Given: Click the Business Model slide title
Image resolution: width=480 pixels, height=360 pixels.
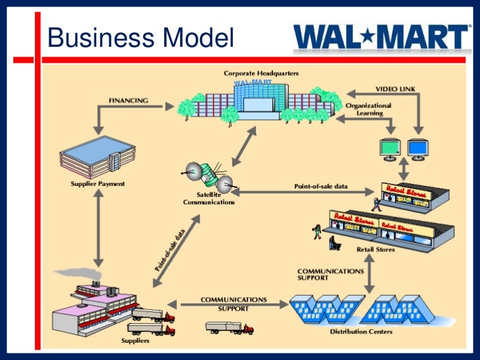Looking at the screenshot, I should pos(140,40).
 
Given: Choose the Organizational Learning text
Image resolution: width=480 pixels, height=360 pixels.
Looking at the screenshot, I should pos(368,109).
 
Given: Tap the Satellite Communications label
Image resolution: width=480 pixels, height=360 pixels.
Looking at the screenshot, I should pos(208,198).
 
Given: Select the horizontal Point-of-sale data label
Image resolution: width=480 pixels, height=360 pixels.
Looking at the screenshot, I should pos(320,187).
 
